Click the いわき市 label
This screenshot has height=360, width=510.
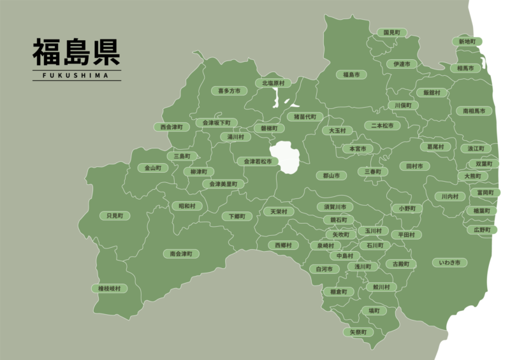click(x=454, y=262)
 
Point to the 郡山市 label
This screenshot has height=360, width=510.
click(x=331, y=175)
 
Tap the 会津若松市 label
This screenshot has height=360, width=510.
click(x=258, y=162)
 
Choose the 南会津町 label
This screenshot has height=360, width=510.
click(x=181, y=253)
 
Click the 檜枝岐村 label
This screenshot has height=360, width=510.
click(x=109, y=289)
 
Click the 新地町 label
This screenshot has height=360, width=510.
click(x=467, y=41)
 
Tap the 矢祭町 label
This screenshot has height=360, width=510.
click(x=358, y=332)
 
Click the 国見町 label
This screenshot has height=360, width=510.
click(x=391, y=32)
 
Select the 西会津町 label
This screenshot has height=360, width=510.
click(x=171, y=127)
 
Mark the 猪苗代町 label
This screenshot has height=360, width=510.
click(x=301, y=117)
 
